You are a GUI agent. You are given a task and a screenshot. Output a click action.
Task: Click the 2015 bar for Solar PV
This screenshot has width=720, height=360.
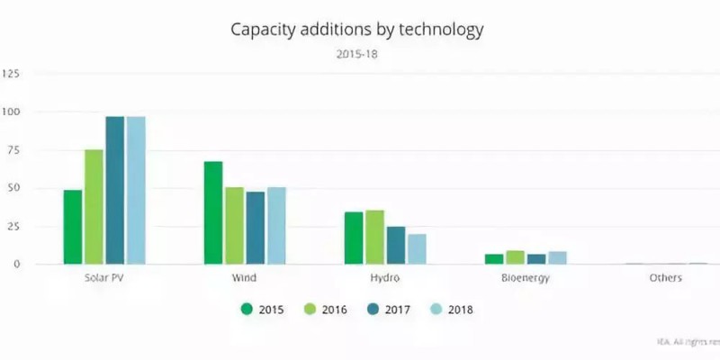click(x=73, y=227)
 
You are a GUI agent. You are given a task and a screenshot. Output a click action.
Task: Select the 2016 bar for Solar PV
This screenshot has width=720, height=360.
click(x=94, y=207)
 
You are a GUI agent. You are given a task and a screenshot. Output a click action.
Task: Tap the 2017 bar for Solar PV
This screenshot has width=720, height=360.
click(x=114, y=190)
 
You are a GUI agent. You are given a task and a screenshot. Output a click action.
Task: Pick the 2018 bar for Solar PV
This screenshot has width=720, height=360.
click(x=136, y=190)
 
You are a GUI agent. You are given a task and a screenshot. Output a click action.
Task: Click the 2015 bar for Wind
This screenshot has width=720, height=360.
click(x=213, y=212)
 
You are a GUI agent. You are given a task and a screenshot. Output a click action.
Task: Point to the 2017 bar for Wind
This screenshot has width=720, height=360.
click(x=256, y=228)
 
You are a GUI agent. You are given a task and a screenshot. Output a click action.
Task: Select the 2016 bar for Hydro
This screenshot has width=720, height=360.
click(x=374, y=238)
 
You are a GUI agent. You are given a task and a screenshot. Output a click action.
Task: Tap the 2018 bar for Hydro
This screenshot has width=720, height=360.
click(x=417, y=249)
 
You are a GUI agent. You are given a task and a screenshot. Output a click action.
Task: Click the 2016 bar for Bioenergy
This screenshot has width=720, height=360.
click(x=516, y=257)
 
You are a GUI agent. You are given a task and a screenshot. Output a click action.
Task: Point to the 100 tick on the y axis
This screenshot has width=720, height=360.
click(x=12, y=112)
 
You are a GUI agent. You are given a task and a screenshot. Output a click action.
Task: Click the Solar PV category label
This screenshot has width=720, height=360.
click(x=103, y=278)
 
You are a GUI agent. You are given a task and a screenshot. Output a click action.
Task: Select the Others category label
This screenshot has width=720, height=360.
click(x=665, y=278)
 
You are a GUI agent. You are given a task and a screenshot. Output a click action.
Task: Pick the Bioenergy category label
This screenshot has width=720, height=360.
click(x=526, y=278)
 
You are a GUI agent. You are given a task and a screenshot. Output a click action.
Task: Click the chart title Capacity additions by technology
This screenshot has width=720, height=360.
click(x=357, y=30)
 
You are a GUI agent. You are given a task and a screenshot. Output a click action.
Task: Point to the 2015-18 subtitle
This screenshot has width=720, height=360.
click(x=357, y=53)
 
